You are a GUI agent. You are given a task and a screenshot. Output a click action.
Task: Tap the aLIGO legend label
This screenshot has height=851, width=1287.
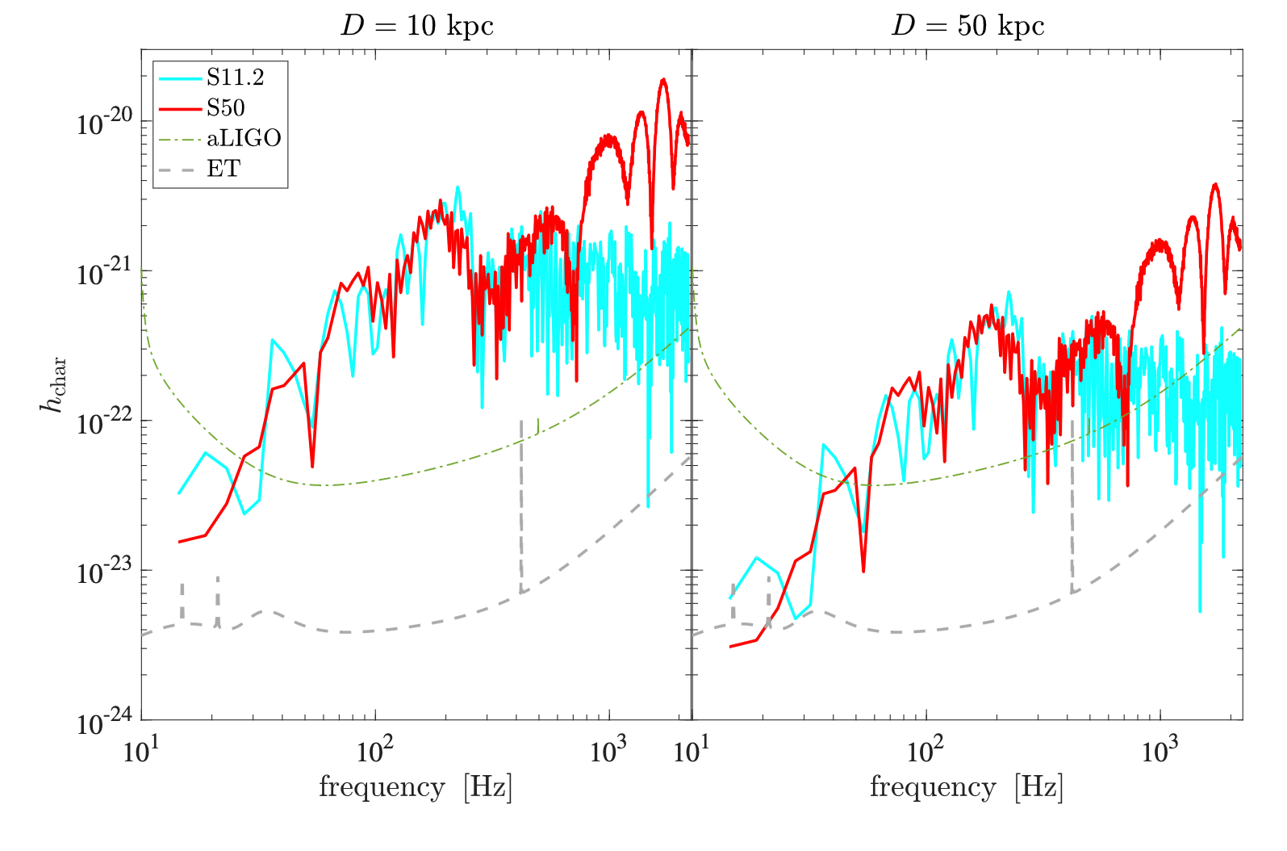coord(244,138)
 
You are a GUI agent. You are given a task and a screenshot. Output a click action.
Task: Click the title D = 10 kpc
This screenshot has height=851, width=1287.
coord(417,26)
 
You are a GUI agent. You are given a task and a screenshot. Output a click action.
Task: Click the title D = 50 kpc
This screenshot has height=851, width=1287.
coord(967,26)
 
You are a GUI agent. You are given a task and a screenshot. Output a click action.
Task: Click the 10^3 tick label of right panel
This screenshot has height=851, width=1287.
coord(1160,749)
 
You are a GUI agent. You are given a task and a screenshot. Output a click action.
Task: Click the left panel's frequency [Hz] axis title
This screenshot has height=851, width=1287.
coord(416,787)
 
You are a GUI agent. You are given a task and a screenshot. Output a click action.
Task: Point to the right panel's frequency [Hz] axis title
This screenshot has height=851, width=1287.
coord(967,787)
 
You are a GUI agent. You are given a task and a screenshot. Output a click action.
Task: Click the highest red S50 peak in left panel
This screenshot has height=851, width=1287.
coord(663,79)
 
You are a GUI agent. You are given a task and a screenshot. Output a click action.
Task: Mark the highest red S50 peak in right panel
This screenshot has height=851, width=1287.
coord(1214,185)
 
